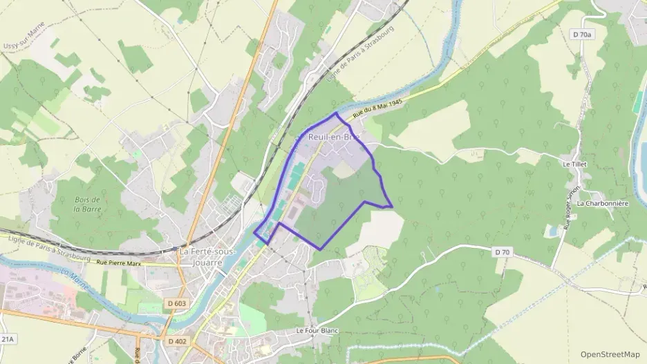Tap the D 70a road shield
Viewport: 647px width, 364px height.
(583, 33)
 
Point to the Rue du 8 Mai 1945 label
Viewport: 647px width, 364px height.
(377, 109)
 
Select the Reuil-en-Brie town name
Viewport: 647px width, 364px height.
(334, 137)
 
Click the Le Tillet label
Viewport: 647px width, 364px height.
(574, 164)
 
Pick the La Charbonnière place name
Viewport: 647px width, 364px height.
(601, 204)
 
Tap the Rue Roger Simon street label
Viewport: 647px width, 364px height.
(571, 207)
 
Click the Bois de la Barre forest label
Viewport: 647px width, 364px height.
(88, 204)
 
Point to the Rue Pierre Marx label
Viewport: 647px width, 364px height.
(119, 263)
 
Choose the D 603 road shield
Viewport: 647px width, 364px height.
(176, 303)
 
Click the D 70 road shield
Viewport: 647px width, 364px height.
(503, 253)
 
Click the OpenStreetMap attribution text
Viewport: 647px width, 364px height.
(610, 354)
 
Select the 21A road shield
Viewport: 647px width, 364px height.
(7, 339)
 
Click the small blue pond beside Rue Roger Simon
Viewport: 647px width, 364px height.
(552, 231)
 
